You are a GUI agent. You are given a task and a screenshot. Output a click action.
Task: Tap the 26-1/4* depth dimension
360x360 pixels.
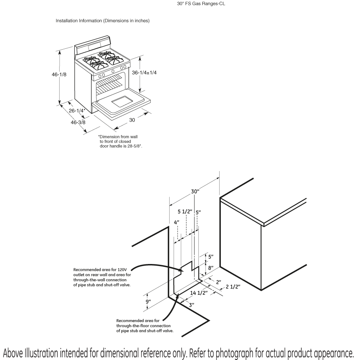77,110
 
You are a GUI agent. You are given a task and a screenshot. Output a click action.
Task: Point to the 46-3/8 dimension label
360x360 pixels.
78,122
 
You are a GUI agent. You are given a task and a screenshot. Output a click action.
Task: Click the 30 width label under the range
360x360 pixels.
132,120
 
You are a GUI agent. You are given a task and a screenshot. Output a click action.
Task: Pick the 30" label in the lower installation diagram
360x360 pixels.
195,192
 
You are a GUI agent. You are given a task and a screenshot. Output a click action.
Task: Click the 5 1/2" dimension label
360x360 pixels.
185,211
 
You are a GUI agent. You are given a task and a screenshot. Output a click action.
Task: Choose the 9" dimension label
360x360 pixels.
148,302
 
